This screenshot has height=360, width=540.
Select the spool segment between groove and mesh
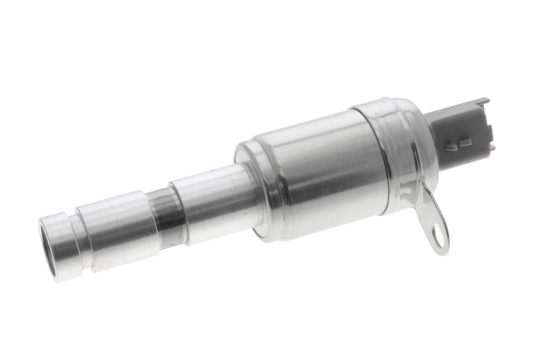coord(117,229)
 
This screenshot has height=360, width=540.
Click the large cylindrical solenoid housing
coord(316,175)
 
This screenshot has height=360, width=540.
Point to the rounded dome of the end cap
coord(414,141)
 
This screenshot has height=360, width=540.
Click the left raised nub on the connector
coord(452,146)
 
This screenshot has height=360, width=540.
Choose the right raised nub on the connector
coord(466,142)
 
